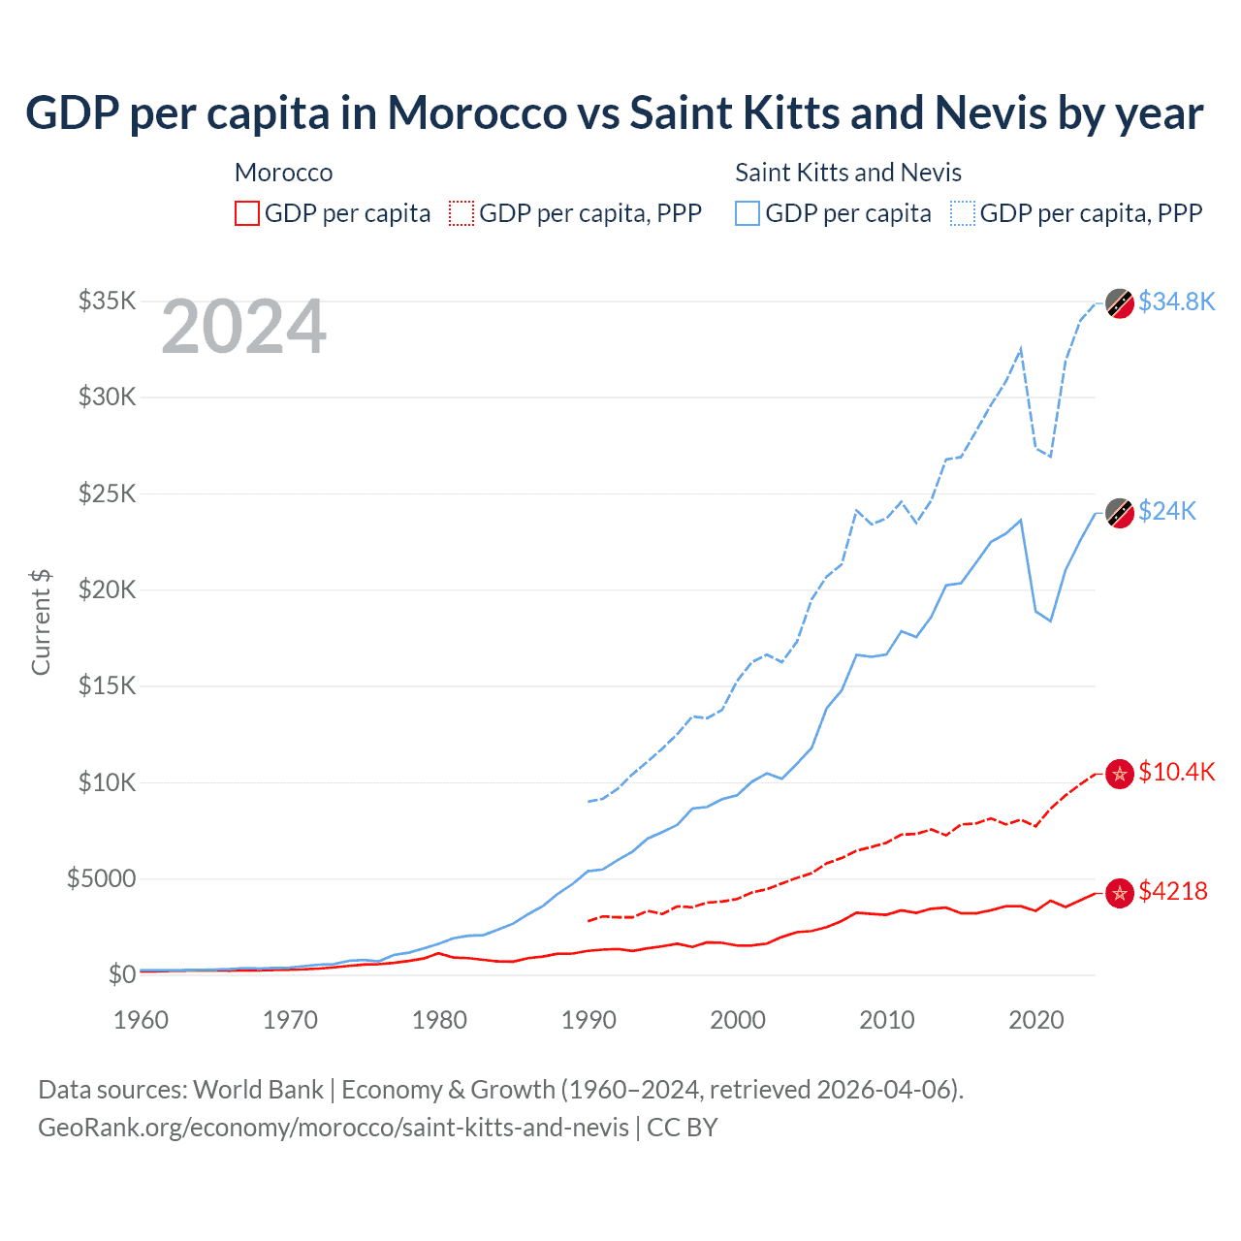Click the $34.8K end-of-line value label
[1176, 302]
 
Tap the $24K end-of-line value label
[1167, 511]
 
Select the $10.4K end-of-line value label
[1176, 772]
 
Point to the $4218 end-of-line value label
[1172, 891]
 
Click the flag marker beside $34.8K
[1120, 303]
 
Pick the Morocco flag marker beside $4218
[1120, 893]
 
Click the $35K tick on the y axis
[108, 301]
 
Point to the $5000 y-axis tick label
[101, 878]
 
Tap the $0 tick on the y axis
[121, 974]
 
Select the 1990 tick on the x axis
[589, 1020]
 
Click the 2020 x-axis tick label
[1036, 1020]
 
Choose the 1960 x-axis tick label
[142, 1020]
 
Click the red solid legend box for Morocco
[247, 213]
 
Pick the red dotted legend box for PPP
[461, 213]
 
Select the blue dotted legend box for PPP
[963, 213]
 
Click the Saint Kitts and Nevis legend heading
[848, 173]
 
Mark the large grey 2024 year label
[243, 328]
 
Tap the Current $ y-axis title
[41, 621]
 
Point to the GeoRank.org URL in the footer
[334, 1128]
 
